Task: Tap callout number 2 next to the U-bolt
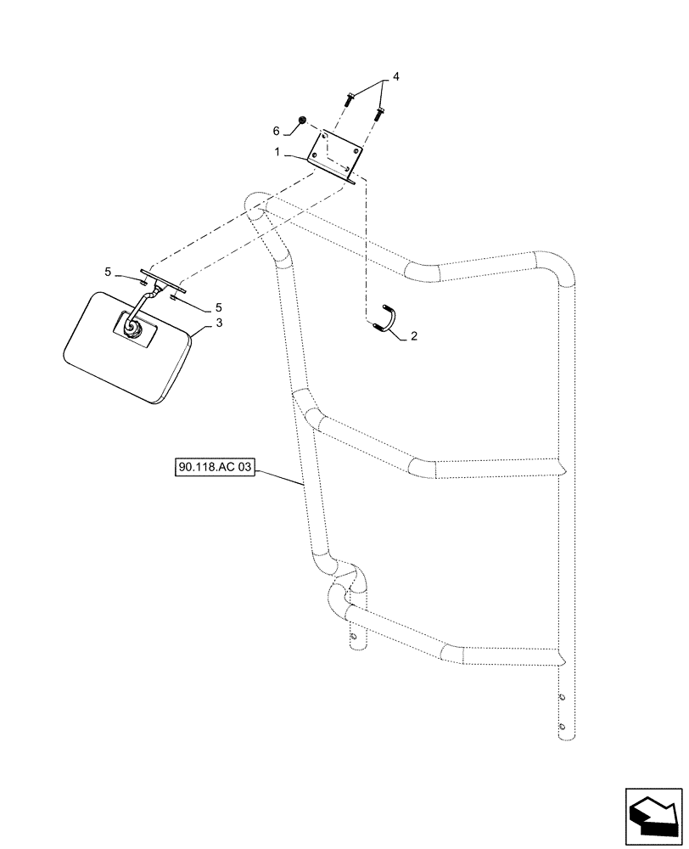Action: [x=413, y=336]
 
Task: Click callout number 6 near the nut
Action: [x=277, y=131]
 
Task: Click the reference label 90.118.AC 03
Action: [x=216, y=467]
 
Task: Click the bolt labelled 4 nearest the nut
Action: [x=350, y=99]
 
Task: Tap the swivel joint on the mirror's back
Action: [x=132, y=325]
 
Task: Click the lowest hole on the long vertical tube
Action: [x=561, y=725]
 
